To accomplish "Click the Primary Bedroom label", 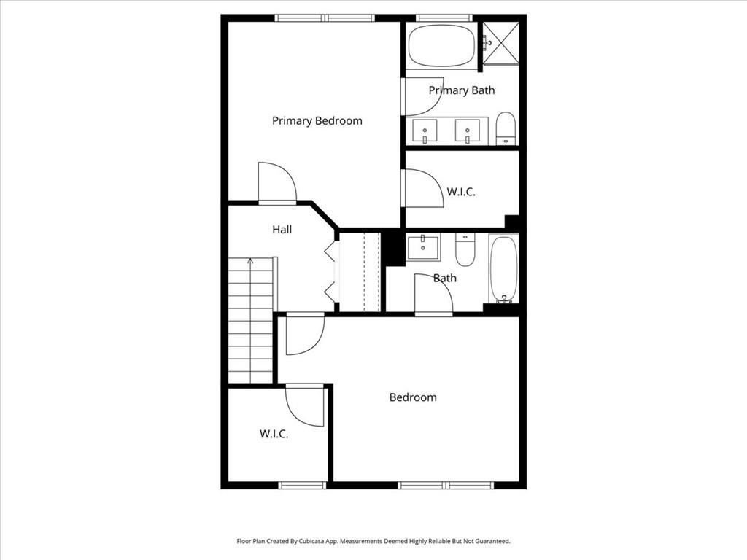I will point(317,121).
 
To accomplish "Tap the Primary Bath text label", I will point(461,90).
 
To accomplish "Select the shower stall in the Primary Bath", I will point(501,43).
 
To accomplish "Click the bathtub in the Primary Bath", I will point(441,47).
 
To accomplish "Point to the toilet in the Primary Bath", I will point(506,129).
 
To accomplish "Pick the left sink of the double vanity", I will point(425,131).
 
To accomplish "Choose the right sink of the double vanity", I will point(467,131).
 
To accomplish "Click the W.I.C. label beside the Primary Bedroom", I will point(461,192).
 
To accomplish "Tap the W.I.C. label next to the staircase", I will point(274,434).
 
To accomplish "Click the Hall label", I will point(282,230).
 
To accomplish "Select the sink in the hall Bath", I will point(423,247).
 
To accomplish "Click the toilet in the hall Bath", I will point(465,249).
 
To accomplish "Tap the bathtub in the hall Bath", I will point(503,268).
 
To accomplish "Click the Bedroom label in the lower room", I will point(413,397).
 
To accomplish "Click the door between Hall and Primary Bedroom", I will point(276,184).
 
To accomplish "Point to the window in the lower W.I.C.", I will point(302,485).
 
